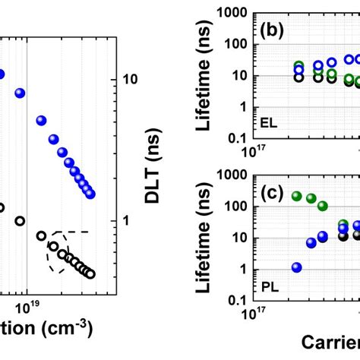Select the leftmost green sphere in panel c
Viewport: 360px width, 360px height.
point(297,196)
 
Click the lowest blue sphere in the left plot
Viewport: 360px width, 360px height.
point(90,195)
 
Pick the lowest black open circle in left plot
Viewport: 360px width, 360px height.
point(90,273)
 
